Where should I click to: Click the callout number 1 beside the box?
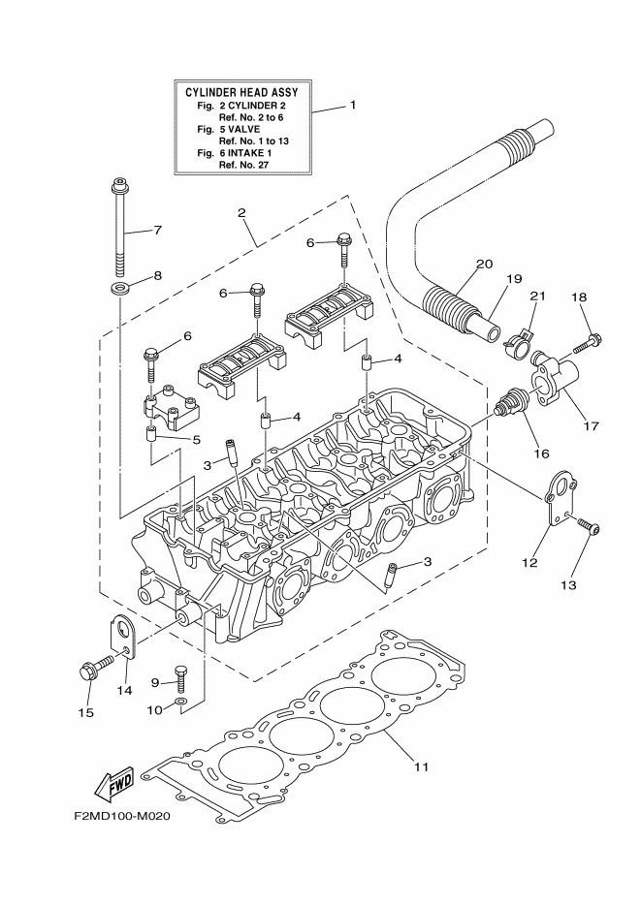coord(353,104)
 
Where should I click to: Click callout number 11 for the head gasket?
coord(420,767)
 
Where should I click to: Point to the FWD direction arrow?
coord(114,781)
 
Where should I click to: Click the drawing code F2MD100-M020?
coord(121,816)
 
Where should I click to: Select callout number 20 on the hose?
coord(484,264)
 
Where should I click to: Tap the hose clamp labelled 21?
coord(521,336)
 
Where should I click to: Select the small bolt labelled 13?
coord(591,527)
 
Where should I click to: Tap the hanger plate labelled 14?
coord(122,634)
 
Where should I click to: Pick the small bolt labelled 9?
coord(179,672)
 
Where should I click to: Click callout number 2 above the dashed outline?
coord(240,212)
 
